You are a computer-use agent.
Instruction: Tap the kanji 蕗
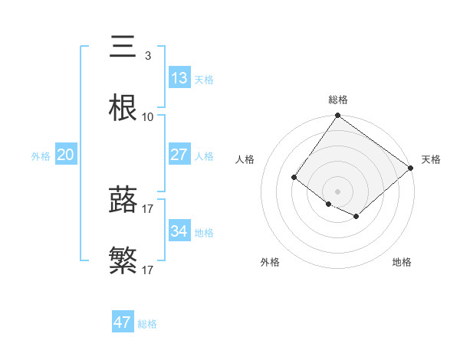123,199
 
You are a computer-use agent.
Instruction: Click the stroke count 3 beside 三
147,56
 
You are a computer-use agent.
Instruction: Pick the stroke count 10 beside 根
148,117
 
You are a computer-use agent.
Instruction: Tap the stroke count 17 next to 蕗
148,208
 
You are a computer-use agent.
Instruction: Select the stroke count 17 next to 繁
148,270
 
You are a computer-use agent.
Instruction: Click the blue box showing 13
179,77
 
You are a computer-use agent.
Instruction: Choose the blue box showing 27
179,154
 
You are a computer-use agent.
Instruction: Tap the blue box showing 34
179,231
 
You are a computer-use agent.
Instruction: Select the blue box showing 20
65,155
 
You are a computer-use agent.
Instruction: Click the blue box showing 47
122,322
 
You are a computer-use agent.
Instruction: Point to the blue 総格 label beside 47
148,324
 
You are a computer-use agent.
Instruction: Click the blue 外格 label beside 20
41,156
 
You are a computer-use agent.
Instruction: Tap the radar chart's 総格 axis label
338,100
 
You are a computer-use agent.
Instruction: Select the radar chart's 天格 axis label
431,159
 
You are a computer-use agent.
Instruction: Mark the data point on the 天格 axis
412,168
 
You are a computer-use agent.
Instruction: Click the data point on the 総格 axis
337,116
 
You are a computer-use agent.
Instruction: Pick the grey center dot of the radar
337,191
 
